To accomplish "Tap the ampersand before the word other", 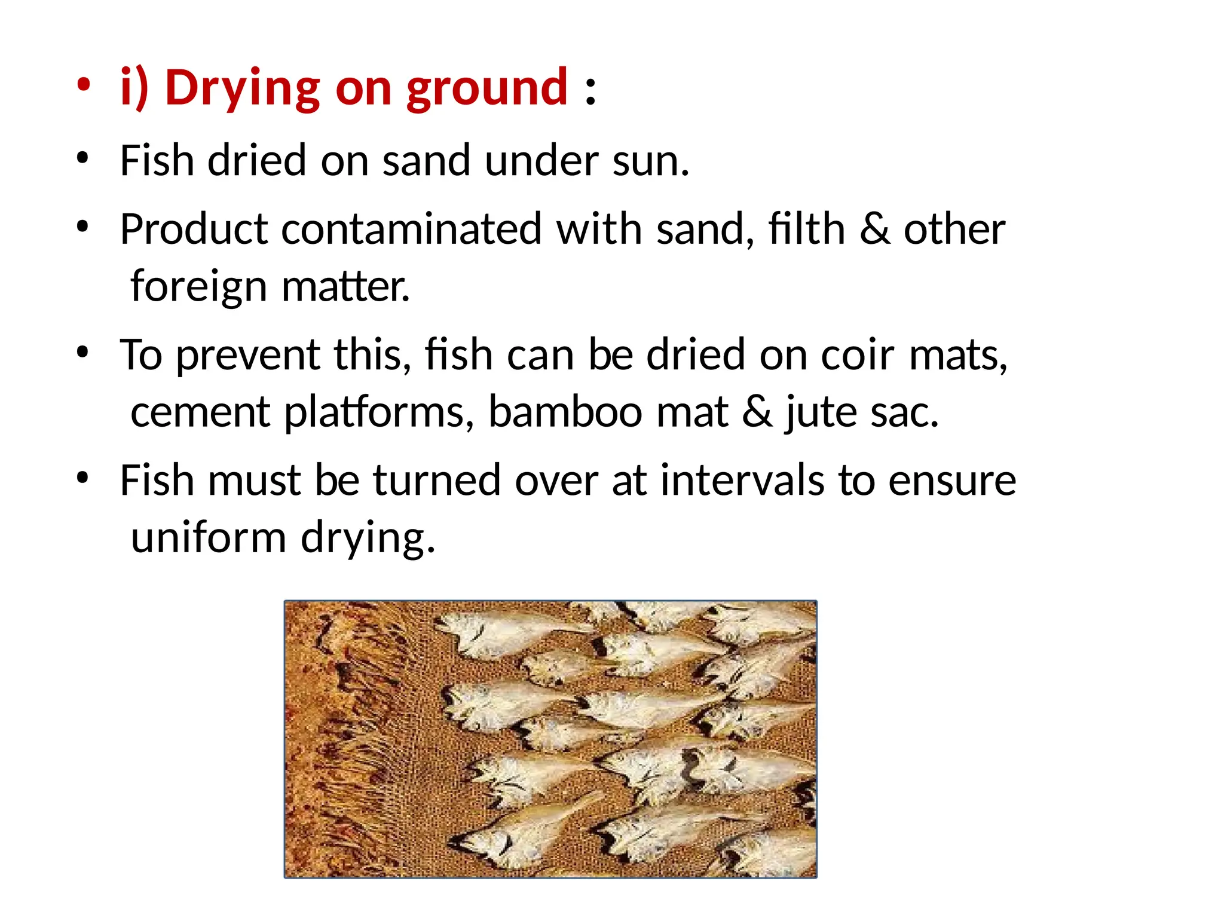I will (874, 230).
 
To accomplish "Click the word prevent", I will (247, 355).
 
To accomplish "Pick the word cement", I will (201, 412).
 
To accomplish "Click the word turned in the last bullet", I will (437, 481).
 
